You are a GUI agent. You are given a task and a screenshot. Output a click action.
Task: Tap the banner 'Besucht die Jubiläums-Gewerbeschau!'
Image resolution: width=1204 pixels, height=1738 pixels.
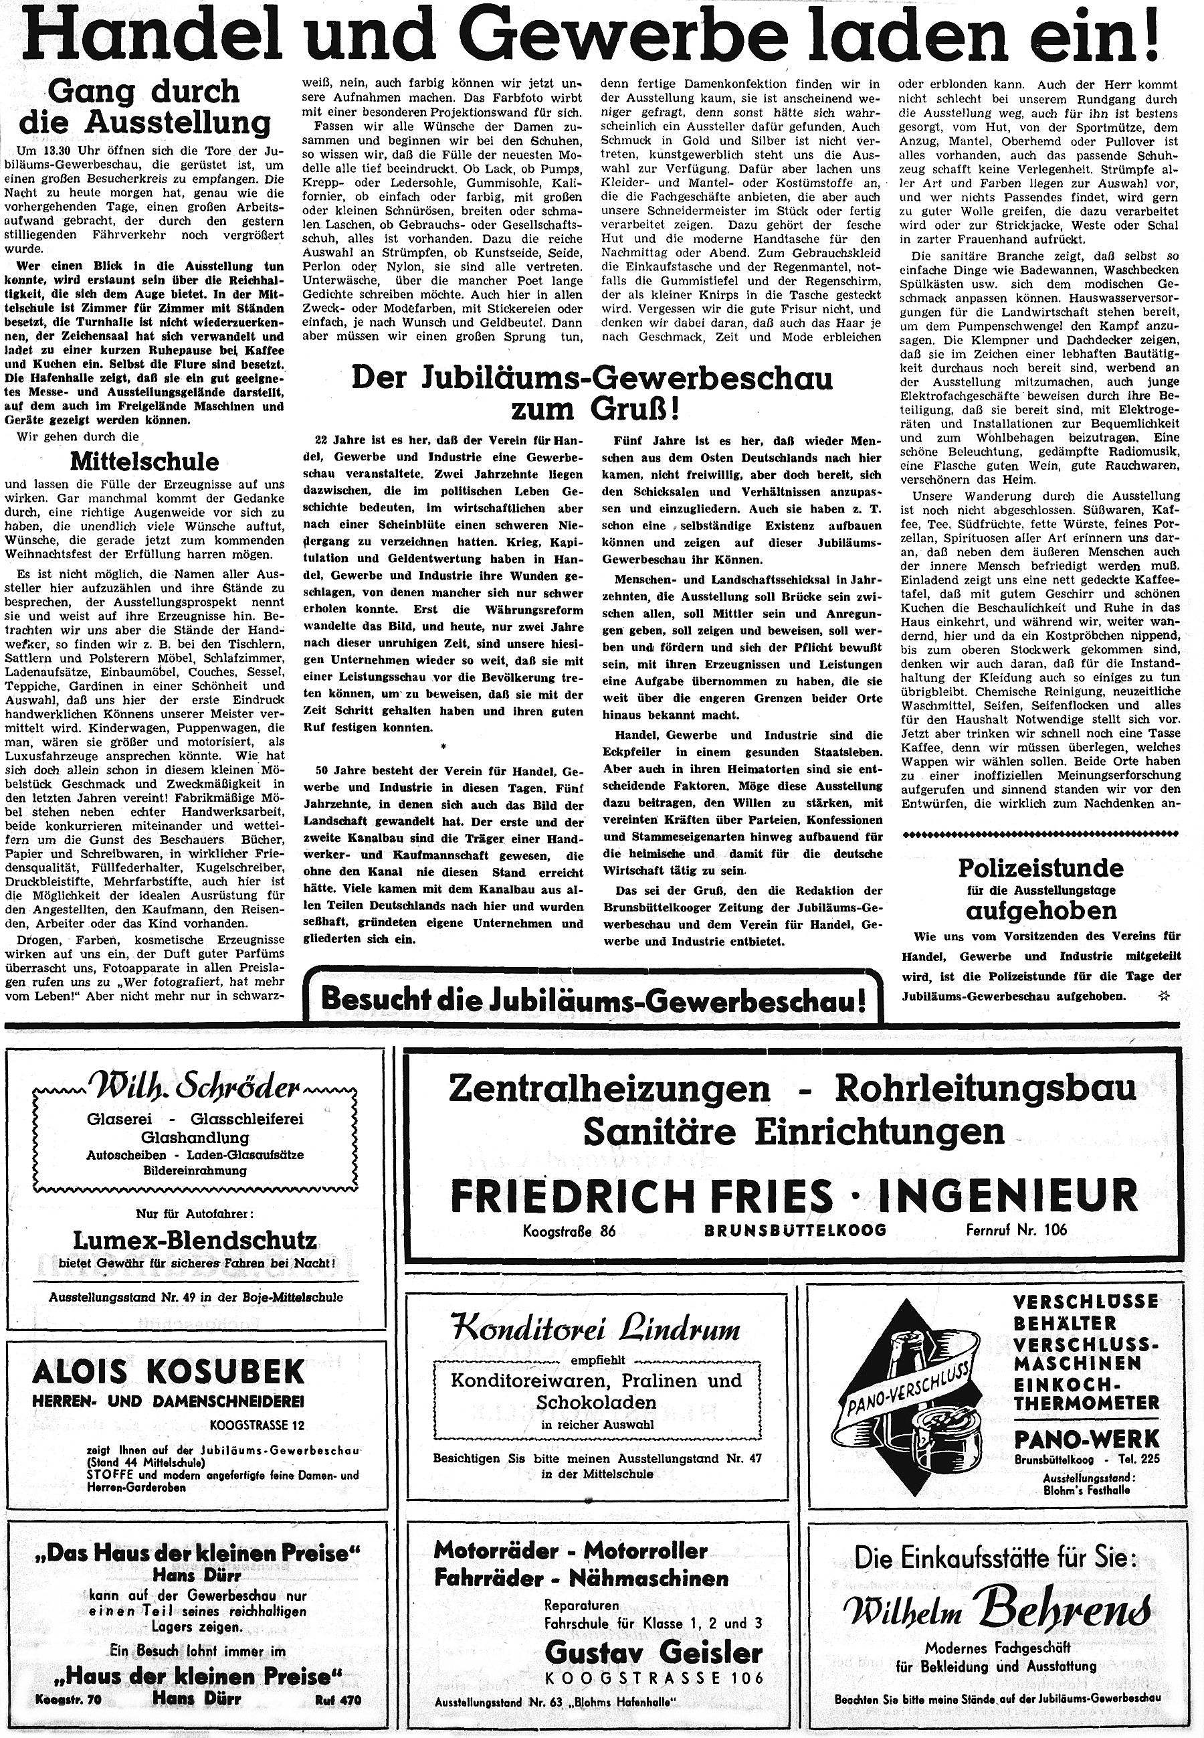(x=592, y=1000)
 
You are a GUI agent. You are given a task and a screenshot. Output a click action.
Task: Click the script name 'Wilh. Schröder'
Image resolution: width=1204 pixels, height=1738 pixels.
(x=194, y=1090)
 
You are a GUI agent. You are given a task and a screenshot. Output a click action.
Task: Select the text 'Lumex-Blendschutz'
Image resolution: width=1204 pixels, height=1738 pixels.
(x=194, y=1240)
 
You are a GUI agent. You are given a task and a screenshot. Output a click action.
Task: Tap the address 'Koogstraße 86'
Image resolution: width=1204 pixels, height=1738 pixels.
(x=570, y=1231)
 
